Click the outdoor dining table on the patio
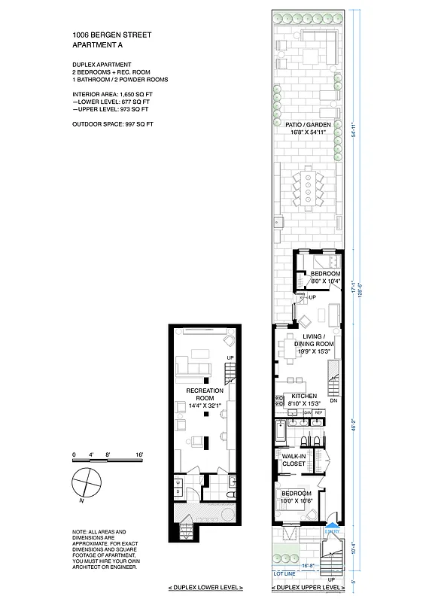pyautogui.click(x=308, y=187)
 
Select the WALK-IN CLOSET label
pyautogui.click(x=293, y=460)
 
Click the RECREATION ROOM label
pyautogui.click(x=201, y=396)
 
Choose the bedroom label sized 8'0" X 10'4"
pyautogui.click(x=326, y=277)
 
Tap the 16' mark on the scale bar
pyautogui.click(x=139, y=455)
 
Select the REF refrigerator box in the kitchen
pyautogui.click(x=318, y=413)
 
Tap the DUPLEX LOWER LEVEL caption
pyautogui.click(x=200, y=586)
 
